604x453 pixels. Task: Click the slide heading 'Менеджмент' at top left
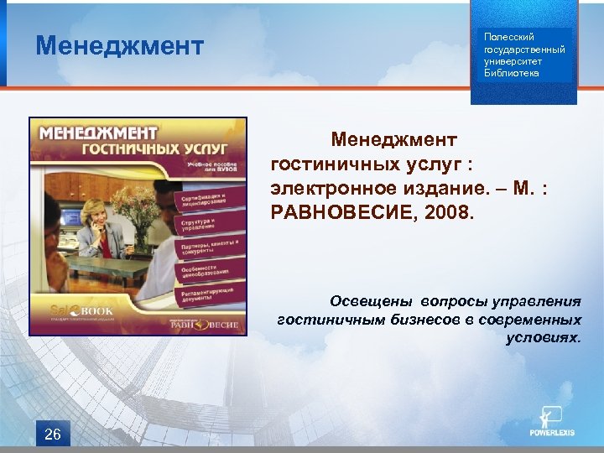(x=119, y=45)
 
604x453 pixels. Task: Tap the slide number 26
(x=52, y=434)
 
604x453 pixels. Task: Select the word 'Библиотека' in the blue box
(x=511, y=73)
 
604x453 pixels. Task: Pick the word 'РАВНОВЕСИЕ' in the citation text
(x=343, y=213)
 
